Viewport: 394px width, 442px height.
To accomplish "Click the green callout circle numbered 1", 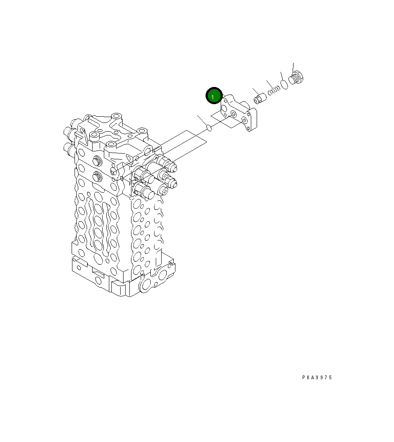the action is point(214,96).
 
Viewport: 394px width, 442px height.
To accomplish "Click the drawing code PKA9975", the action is point(317,378).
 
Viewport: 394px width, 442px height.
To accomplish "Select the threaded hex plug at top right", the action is point(296,77).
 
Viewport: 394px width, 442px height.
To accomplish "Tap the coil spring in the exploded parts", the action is point(274,90).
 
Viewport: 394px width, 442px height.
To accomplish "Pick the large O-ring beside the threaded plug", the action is point(284,84).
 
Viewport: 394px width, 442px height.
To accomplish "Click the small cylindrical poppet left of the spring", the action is point(260,98).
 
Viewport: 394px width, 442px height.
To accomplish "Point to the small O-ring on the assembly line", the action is point(209,128).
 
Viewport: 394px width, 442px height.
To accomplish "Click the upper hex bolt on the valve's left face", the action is point(97,161).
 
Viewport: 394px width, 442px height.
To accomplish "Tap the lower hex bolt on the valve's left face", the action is point(97,177).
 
